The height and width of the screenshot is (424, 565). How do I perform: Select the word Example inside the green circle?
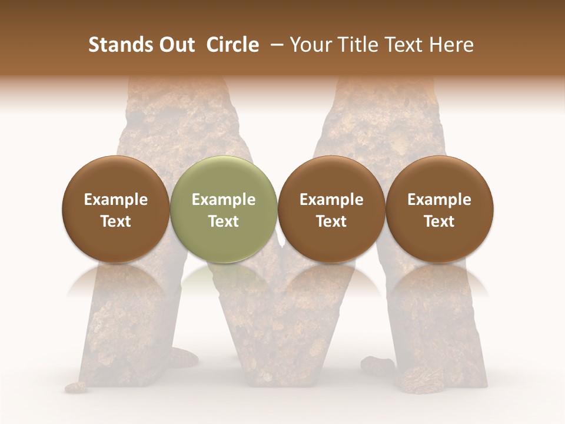pyautogui.click(x=224, y=200)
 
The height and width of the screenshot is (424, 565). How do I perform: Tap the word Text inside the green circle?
pyautogui.click(x=224, y=221)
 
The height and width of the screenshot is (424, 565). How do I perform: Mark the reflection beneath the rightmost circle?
pyautogui.click(x=440, y=280)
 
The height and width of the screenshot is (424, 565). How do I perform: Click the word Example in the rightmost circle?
pyautogui.click(x=440, y=200)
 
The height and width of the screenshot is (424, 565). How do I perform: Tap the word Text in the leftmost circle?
pyautogui.click(x=116, y=221)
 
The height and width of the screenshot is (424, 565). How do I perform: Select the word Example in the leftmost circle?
pyautogui.click(x=116, y=200)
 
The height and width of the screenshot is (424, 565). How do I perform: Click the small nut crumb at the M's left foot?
pyautogui.click(x=75, y=387)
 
